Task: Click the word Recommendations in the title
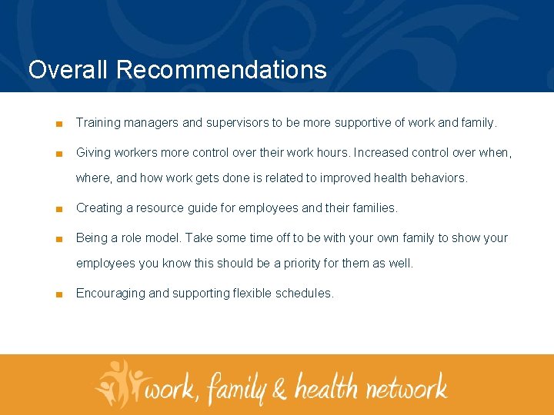[222, 70]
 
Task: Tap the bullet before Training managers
[58, 123]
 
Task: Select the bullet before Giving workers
[58, 153]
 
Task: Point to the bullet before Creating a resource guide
[58, 208]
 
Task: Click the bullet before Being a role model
[58, 238]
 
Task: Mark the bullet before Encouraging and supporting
[58, 294]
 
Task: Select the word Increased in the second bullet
[380, 152]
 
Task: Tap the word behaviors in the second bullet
[439, 178]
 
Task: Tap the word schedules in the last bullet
[305, 293]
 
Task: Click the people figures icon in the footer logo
[119, 381]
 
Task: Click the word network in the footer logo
[406, 386]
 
